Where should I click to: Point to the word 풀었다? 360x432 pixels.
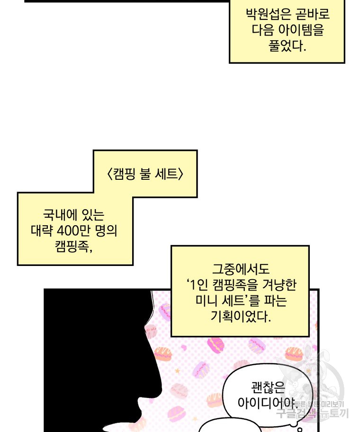(287, 46)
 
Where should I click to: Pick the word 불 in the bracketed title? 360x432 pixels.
(145, 174)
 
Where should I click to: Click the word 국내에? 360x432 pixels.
(58, 215)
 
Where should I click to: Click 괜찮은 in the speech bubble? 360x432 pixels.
(267, 388)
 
